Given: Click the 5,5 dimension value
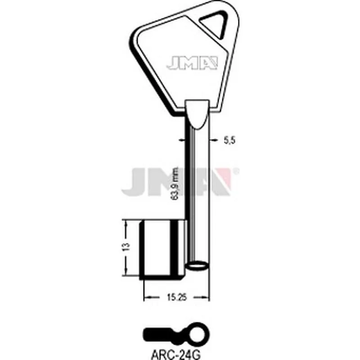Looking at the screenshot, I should (229, 141).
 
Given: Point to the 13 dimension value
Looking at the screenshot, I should (127, 247).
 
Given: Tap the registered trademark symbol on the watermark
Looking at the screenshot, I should (237, 171).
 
